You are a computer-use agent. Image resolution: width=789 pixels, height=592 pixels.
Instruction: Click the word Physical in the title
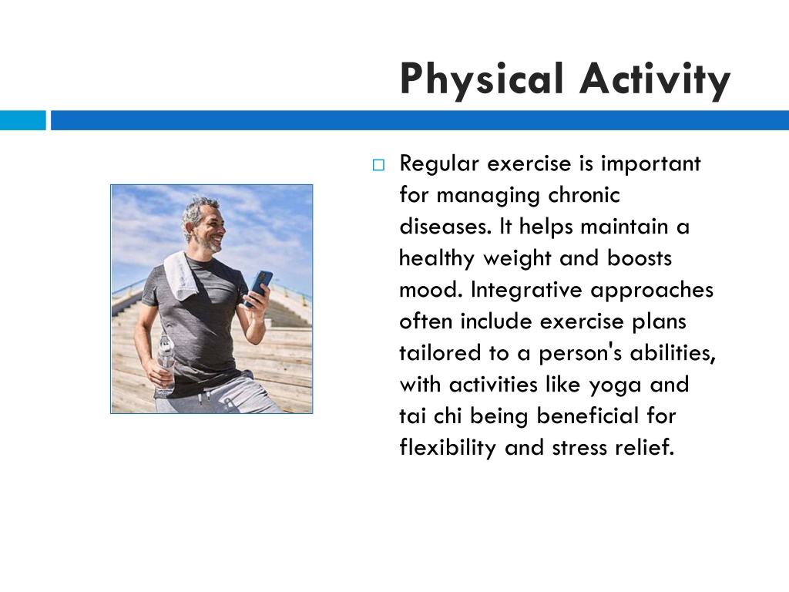tap(481, 79)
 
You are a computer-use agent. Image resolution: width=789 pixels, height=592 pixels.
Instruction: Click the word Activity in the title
tap(655, 79)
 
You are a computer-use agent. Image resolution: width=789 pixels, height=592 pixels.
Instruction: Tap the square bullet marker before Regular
tap(378, 165)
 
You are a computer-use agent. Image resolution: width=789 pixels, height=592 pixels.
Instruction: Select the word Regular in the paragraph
tap(438, 165)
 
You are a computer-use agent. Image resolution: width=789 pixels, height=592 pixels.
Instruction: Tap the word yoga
tap(615, 386)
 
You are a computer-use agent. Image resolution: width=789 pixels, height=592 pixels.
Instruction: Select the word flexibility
tap(448, 448)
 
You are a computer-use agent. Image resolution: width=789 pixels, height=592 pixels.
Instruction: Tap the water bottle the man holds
tap(165, 364)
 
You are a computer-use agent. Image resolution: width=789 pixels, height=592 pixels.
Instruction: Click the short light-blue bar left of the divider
tap(22, 120)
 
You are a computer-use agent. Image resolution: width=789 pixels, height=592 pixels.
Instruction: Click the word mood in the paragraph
tap(431, 290)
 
